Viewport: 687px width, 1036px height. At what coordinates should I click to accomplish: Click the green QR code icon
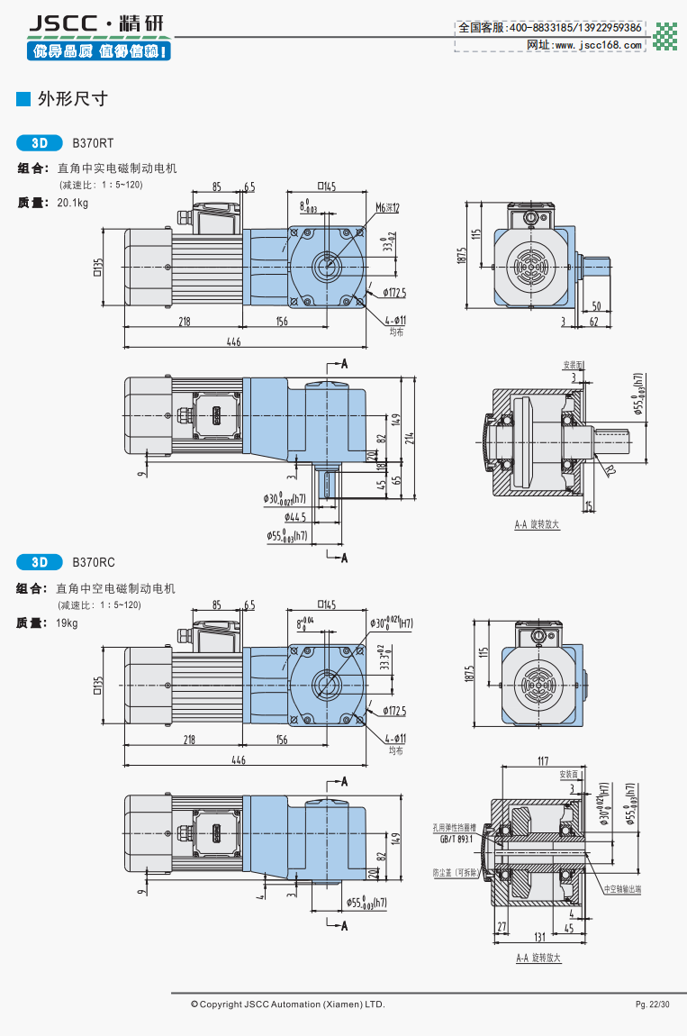click(x=665, y=36)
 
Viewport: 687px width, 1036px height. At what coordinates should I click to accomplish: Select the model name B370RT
click(x=93, y=142)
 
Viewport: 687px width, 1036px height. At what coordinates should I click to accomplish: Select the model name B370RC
click(x=94, y=563)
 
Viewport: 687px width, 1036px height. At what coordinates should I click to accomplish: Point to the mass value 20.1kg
click(x=72, y=203)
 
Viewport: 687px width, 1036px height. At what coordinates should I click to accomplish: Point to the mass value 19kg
click(x=67, y=623)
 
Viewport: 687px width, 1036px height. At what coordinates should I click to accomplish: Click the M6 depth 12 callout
click(x=387, y=207)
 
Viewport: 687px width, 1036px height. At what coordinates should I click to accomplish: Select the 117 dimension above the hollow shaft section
click(x=542, y=762)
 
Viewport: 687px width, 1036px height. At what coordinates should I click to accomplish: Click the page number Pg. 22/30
click(x=652, y=1004)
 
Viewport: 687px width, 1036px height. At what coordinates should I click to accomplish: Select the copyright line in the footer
click(x=287, y=1004)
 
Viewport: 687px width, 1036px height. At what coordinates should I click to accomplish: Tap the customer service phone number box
click(x=549, y=28)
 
